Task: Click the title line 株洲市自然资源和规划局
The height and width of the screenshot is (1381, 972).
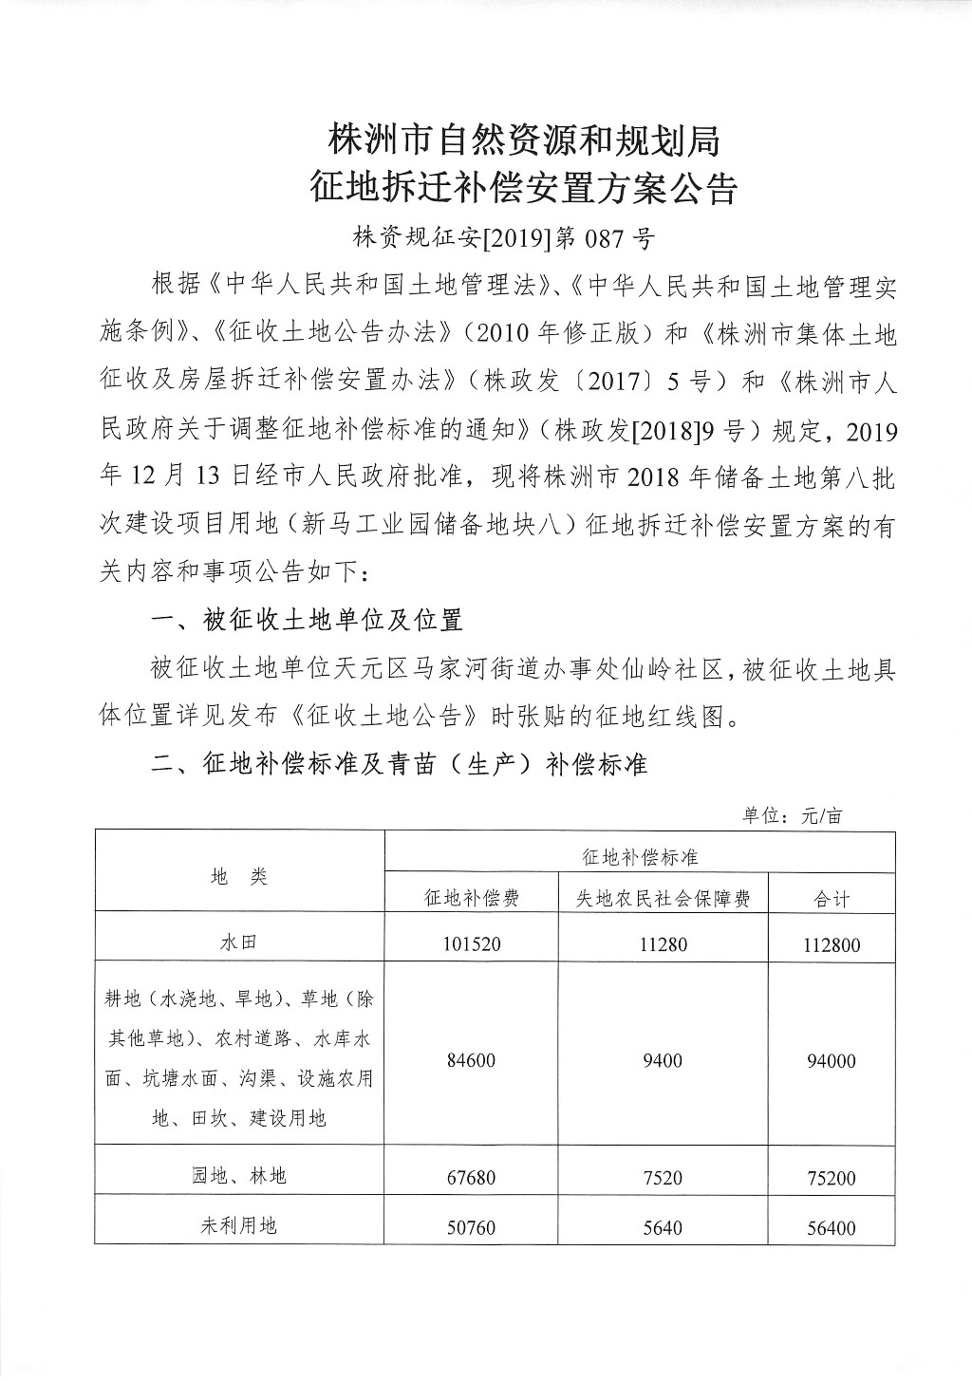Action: pos(524,140)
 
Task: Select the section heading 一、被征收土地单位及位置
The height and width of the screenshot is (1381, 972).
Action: pos(308,620)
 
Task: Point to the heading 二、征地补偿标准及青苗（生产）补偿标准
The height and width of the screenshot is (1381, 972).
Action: pos(400,763)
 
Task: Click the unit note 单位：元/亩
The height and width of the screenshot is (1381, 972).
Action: pos(793,815)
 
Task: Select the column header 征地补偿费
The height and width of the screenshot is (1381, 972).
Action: pos(472,898)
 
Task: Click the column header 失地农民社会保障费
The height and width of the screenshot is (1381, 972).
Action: pos(663,898)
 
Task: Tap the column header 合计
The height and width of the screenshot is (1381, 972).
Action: pos(832,898)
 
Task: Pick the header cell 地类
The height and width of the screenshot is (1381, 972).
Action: pos(239,876)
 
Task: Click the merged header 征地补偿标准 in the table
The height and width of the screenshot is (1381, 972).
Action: pos(640,856)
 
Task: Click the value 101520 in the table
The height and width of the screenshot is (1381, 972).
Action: pos(472,945)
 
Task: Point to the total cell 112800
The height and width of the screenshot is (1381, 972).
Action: pos(832,945)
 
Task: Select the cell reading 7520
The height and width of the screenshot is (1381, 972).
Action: pos(663,1178)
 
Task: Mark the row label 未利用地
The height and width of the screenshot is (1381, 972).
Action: pos(239,1225)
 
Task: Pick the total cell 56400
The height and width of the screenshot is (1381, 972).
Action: pos(832,1227)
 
